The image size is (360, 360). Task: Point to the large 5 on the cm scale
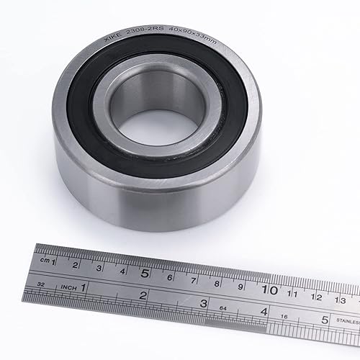click(145, 274)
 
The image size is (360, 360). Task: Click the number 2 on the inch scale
click(143, 294)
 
